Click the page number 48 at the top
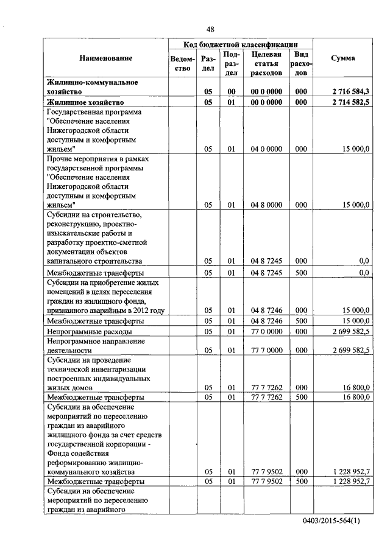pos(210,29)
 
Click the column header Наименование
pos(105,58)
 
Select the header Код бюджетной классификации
pos(241,44)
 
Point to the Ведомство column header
pos(183,63)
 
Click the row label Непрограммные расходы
pos(90,332)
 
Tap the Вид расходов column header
pos(300,63)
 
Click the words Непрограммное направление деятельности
pos(92,346)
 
